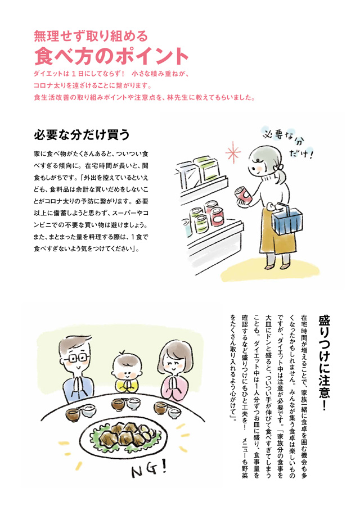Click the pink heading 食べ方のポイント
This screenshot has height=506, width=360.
point(111,56)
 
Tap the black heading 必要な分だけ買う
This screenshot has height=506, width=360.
point(82,135)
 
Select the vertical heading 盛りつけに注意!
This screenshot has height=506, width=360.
point(324,363)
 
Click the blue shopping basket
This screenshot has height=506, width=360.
point(287,219)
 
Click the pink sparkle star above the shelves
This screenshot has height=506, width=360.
point(233,152)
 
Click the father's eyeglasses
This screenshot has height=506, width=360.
point(77,358)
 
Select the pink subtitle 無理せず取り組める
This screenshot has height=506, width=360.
point(91,36)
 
